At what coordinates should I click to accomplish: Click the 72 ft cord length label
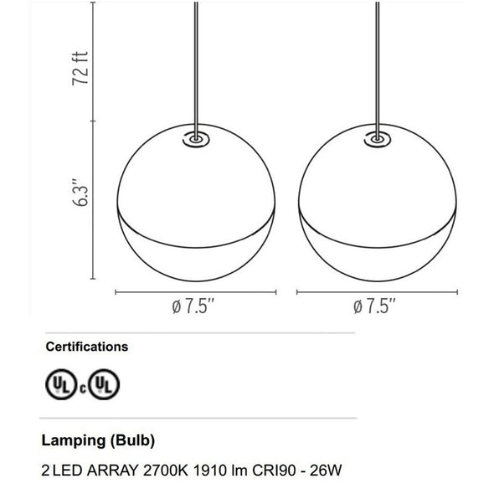tap(80, 68)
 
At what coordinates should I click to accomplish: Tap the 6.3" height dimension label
tap(80, 193)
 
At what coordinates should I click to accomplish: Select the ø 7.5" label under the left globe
tap(193, 306)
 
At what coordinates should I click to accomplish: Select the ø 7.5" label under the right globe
tap(374, 306)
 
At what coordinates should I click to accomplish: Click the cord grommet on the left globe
tap(196, 139)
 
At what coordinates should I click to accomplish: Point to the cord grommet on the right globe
tap(378, 139)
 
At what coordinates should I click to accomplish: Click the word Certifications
tap(87, 347)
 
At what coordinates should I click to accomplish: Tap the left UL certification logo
tap(61, 384)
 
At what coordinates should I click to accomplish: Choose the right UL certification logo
tap(104, 384)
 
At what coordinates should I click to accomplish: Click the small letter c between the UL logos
tap(83, 389)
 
